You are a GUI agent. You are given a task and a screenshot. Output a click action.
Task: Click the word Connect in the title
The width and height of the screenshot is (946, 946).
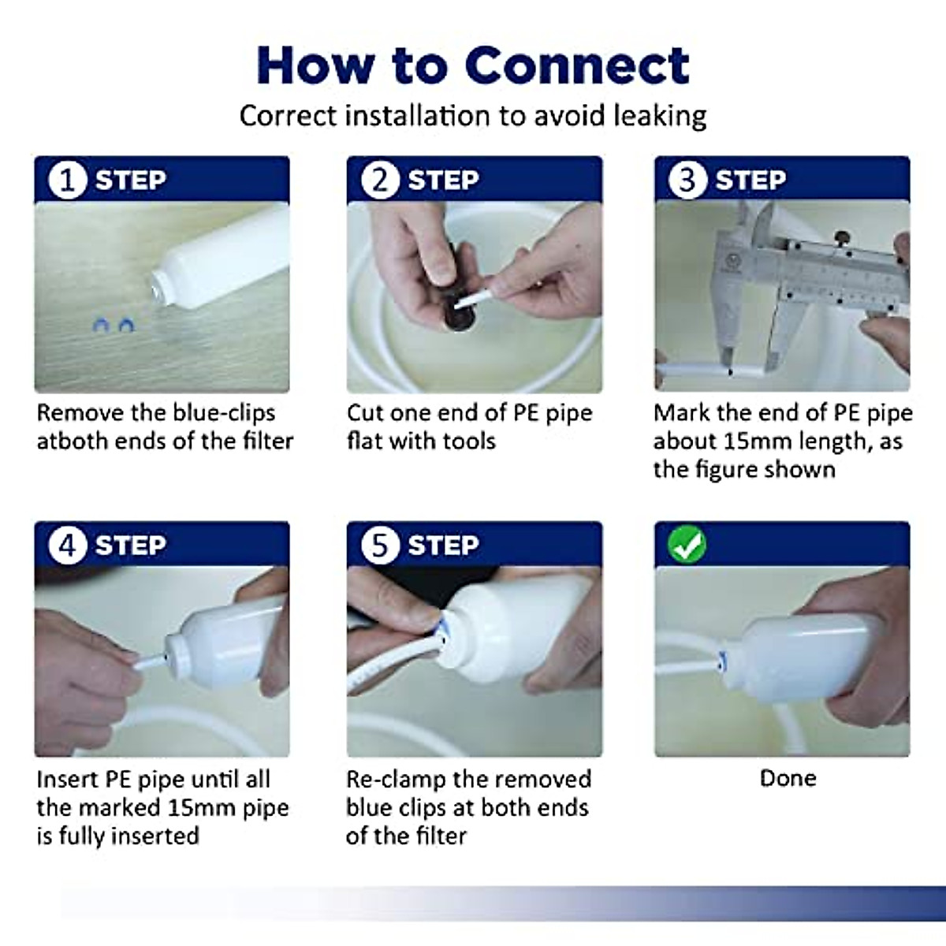[577, 66]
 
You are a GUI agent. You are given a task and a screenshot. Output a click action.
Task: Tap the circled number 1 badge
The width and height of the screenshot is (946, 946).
[67, 180]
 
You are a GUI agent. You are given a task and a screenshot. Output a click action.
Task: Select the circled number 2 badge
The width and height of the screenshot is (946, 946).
[380, 180]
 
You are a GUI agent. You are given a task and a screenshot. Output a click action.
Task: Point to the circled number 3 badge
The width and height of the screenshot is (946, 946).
[687, 180]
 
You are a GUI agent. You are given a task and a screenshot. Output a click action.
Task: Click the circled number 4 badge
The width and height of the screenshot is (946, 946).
[67, 545]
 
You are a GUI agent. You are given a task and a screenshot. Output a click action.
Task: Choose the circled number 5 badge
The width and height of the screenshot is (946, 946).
[380, 545]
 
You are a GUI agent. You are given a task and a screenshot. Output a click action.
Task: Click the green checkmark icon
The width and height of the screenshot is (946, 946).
[687, 544]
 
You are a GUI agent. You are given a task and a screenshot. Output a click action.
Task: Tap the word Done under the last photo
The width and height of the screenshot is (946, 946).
[788, 779]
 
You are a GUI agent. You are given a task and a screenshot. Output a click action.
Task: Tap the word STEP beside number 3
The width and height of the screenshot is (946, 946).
[750, 181]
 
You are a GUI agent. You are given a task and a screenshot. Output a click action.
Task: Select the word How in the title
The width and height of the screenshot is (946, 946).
[315, 66]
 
